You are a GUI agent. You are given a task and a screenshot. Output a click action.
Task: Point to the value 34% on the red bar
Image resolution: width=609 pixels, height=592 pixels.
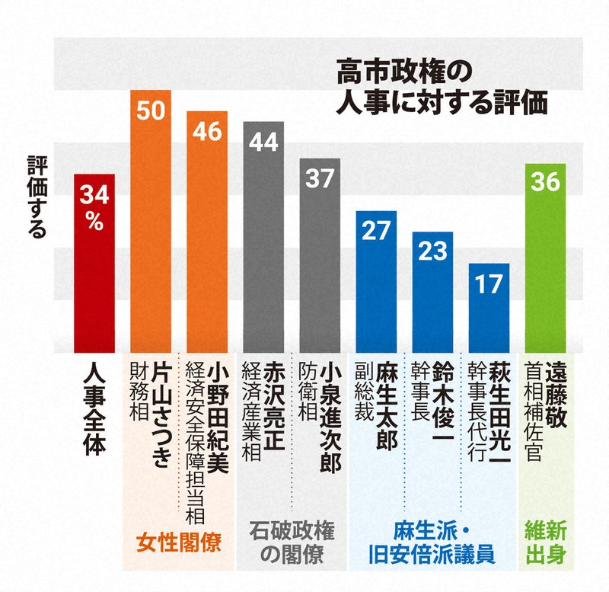point(94,208)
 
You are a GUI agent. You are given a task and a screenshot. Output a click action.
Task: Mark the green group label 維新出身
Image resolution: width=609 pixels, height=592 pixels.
point(545,542)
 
